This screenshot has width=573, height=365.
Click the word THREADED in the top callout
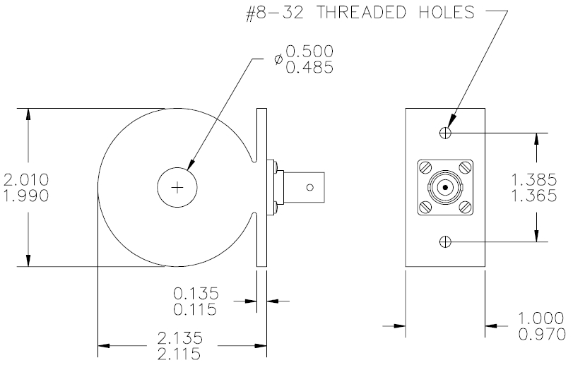(x=361, y=13)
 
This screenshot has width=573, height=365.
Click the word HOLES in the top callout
(x=447, y=13)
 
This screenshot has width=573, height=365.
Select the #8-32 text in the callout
(x=275, y=13)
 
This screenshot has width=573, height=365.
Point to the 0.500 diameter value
(x=309, y=52)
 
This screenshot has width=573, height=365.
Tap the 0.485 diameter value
(x=309, y=67)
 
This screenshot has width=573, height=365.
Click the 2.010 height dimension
(x=26, y=180)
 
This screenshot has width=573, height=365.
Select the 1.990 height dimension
(x=26, y=196)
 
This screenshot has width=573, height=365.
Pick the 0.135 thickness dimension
(x=196, y=293)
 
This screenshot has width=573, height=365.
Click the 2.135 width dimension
(x=180, y=338)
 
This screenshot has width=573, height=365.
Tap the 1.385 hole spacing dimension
(x=534, y=180)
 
